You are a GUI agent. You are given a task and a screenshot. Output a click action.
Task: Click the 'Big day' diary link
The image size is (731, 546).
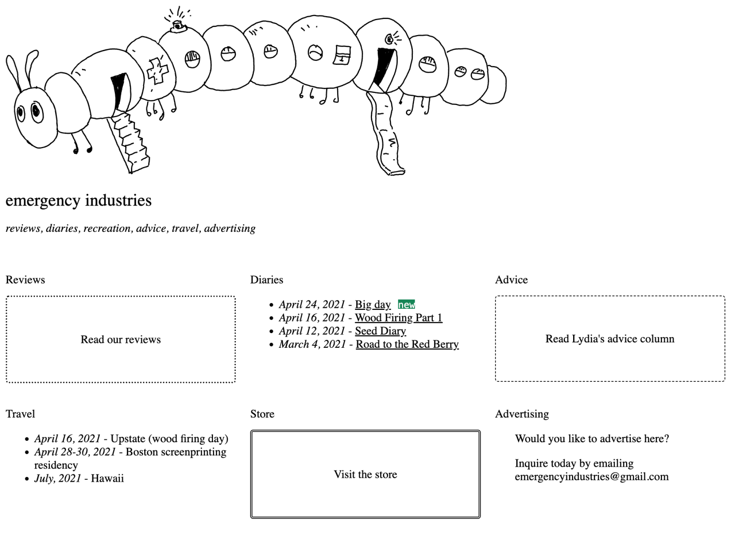[x=372, y=304]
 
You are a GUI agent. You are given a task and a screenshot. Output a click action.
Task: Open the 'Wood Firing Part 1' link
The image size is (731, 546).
[x=398, y=318]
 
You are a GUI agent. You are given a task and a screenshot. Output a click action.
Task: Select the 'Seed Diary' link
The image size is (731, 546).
[x=380, y=331]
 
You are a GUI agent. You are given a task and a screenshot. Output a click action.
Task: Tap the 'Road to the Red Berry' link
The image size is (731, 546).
[x=407, y=344]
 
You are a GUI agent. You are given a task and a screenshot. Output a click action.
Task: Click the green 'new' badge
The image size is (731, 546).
[x=406, y=304]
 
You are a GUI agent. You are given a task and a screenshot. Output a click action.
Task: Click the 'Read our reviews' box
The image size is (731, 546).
[x=121, y=339]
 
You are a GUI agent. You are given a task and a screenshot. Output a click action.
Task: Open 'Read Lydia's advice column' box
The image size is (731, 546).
[x=610, y=339]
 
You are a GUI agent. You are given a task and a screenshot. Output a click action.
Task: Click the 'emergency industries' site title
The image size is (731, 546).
[x=78, y=200]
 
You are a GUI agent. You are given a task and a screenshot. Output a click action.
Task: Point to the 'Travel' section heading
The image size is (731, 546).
[x=20, y=414]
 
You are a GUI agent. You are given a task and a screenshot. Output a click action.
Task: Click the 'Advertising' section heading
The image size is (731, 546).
[x=521, y=414]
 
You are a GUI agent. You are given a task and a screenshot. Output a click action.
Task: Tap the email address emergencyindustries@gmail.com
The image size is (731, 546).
[x=592, y=477]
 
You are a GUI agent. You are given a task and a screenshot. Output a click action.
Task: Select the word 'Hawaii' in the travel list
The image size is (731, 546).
[x=107, y=478]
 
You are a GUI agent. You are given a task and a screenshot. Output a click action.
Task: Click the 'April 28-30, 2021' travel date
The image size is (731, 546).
[x=75, y=452]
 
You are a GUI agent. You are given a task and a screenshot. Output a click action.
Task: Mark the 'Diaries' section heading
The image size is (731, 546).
[x=267, y=280]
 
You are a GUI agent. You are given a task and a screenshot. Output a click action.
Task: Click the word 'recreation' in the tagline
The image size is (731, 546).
[x=107, y=228]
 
